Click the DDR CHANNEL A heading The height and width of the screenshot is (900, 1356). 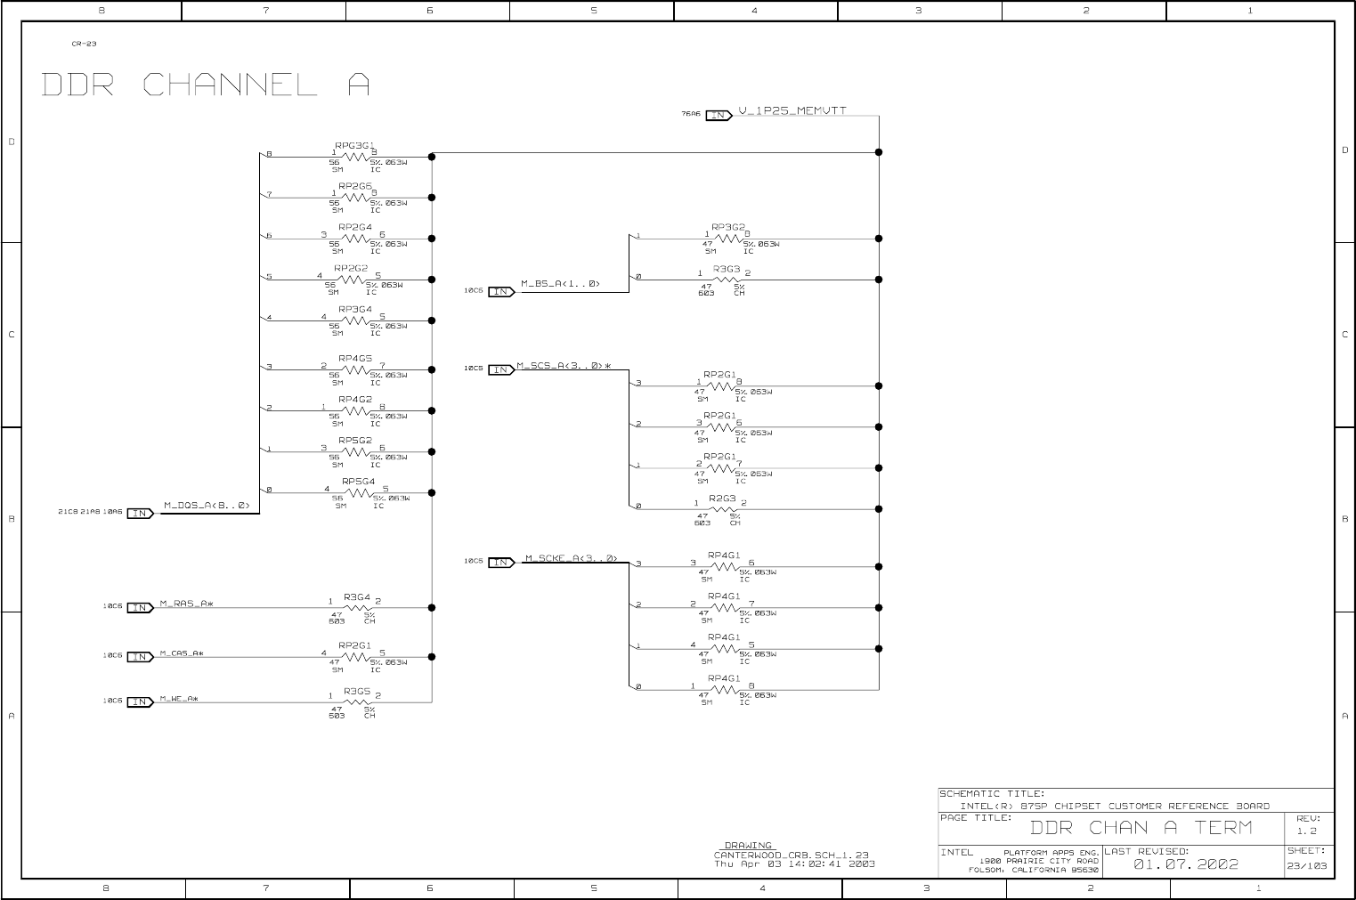click(206, 85)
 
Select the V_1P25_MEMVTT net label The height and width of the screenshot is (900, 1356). click(792, 110)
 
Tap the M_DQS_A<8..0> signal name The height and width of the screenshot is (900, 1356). click(207, 506)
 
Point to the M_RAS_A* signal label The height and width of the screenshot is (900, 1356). click(186, 604)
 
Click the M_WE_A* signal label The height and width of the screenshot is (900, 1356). click(179, 698)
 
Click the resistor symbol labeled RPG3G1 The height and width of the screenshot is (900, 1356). click(355, 157)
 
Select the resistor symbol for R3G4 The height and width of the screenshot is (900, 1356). click(356, 608)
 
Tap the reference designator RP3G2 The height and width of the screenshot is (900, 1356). click(727, 228)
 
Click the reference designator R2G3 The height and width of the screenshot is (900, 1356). click(722, 499)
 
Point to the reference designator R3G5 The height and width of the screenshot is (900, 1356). click(356, 691)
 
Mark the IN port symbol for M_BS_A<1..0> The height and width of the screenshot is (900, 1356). click(501, 291)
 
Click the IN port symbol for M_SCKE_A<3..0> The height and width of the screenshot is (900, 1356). click(501, 562)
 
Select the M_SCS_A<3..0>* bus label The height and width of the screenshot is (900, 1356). click(564, 366)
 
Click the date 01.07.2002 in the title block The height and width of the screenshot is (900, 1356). click(1185, 864)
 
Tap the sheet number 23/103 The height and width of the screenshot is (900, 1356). click(1306, 865)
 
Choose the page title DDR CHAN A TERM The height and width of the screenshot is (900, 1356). click(1141, 828)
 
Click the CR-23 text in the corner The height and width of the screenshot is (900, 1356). click(84, 44)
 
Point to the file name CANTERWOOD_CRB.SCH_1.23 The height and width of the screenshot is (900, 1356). click(791, 855)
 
